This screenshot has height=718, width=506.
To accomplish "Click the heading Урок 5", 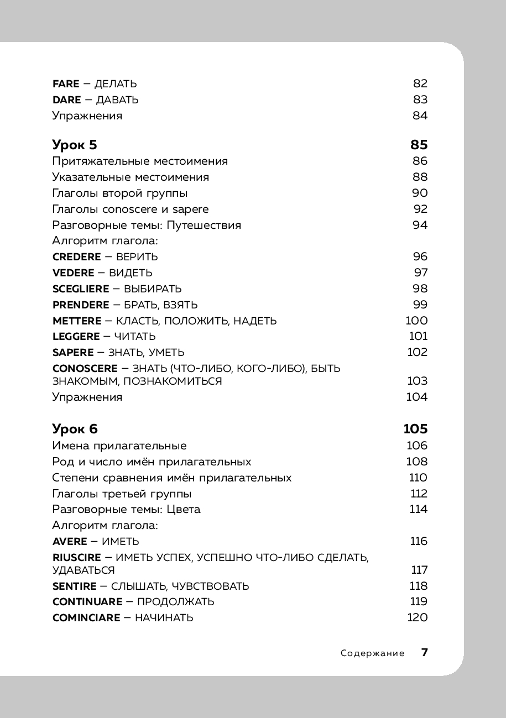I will (x=75, y=145).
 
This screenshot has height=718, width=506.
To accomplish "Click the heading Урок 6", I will (x=75, y=429).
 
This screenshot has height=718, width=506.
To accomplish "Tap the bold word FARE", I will (x=66, y=84).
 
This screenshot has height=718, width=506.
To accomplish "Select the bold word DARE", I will (x=66, y=100).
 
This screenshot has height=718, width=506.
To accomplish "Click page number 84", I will (x=420, y=116).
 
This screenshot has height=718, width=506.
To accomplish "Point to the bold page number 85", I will (x=419, y=145).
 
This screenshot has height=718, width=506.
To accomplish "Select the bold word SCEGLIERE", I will (x=80, y=289).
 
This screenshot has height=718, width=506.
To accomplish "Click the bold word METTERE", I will (x=77, y=321).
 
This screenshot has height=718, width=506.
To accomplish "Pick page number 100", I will (x=417, y=321).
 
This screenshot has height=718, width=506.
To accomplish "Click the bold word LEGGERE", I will (x=76, y=337).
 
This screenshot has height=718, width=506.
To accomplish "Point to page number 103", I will (x=418, y=381).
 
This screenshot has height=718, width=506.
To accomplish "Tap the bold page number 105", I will (x=416, y=429).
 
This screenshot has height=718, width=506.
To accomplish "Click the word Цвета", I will (x=184, y=510).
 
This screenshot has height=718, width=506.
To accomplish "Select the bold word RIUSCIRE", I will (x=77, y=558).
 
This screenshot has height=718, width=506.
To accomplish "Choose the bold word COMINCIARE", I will (x=86, y=618).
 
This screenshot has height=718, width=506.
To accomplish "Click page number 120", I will (x=418, y=618).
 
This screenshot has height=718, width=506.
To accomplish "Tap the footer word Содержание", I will (x=373, y=653).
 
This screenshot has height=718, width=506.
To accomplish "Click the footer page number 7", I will (x=425, y=653).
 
